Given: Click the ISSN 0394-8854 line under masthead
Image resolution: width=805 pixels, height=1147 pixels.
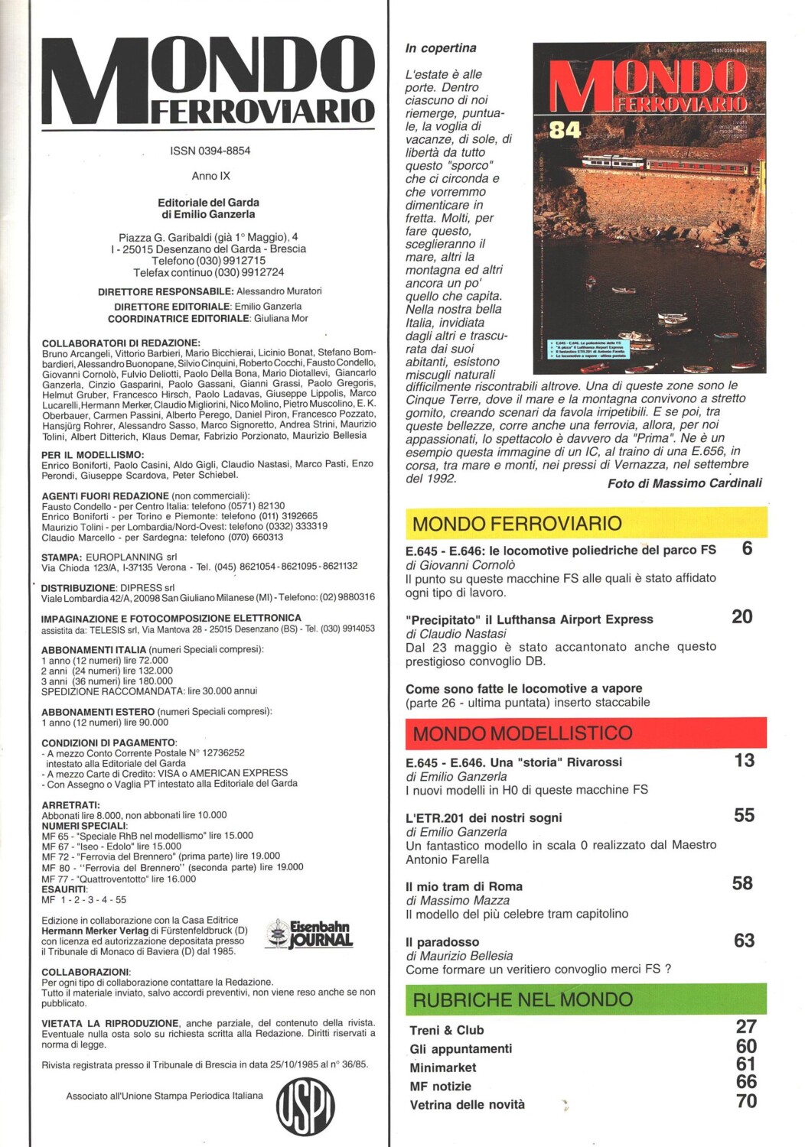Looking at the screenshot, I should [x=210, y=151].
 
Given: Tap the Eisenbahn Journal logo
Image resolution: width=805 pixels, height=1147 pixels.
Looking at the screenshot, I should [x=310, y=934].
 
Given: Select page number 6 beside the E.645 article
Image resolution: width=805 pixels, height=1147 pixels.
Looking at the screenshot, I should [x=747, y=548].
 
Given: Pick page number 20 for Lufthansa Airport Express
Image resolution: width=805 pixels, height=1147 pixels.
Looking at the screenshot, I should [x=741, y=616].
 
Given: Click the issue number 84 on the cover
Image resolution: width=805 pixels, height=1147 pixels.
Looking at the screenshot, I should [x=565, y=130].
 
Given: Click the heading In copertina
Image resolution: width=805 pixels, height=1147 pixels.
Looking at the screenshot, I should [x=441, y=48].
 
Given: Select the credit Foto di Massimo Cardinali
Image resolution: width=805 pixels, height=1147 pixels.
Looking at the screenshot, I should [x=684, y=483].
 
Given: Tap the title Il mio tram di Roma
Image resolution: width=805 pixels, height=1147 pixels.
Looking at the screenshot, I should [x=464, y=886].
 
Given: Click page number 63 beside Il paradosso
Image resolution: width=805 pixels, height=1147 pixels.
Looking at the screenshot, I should [x=744, y=941].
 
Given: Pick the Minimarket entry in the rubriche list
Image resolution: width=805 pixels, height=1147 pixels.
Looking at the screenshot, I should [x=442, y=1067].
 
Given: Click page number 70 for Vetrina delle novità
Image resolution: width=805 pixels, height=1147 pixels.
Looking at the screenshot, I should [x=746, y=1101].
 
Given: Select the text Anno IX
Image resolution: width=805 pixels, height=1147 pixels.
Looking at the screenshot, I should [x=210, y=176].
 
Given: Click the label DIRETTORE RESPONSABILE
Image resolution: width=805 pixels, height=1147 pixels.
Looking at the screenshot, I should [x=165, y=291].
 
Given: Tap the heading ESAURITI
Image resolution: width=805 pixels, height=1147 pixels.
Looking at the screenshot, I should [x=64, y=889].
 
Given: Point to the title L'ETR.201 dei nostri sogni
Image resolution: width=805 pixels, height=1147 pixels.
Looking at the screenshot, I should [x=484, y=817].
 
